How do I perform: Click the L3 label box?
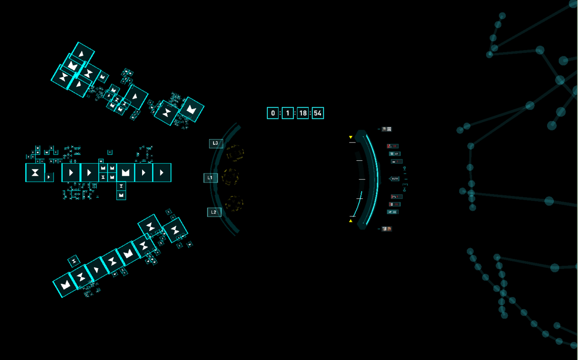216,143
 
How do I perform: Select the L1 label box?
210,178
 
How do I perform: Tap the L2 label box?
214,212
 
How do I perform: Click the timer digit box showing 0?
273,113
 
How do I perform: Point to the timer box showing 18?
302,113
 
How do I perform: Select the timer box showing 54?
317,113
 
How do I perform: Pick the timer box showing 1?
288,113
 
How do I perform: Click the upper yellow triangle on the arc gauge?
351,138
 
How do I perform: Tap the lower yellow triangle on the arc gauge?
351,221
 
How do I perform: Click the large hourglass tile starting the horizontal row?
35,173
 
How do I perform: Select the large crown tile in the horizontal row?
126,173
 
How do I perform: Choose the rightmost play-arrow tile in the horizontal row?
162,173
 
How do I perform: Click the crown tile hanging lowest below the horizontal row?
121,195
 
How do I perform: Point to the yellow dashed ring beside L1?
231,177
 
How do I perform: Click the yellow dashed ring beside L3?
235,153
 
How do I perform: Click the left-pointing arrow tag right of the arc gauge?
394,179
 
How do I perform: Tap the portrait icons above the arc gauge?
386,129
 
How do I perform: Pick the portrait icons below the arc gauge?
386,229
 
